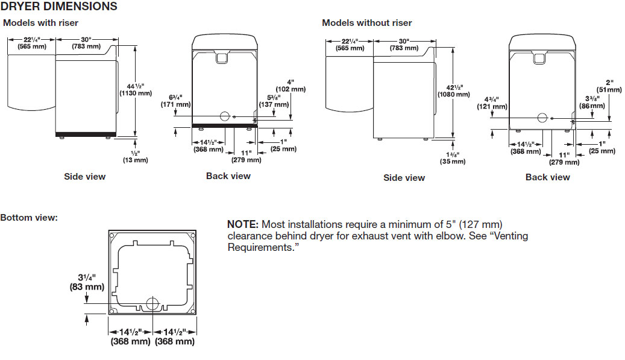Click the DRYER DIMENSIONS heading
click(x=59, y=7)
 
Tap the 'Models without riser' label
click(x=366, y=23)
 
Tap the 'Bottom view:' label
click(x=29, y=217)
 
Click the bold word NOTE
click(x=242, y=224)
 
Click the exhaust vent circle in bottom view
click(x=153, y=303)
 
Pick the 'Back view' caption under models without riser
click(x=547, y=177)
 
